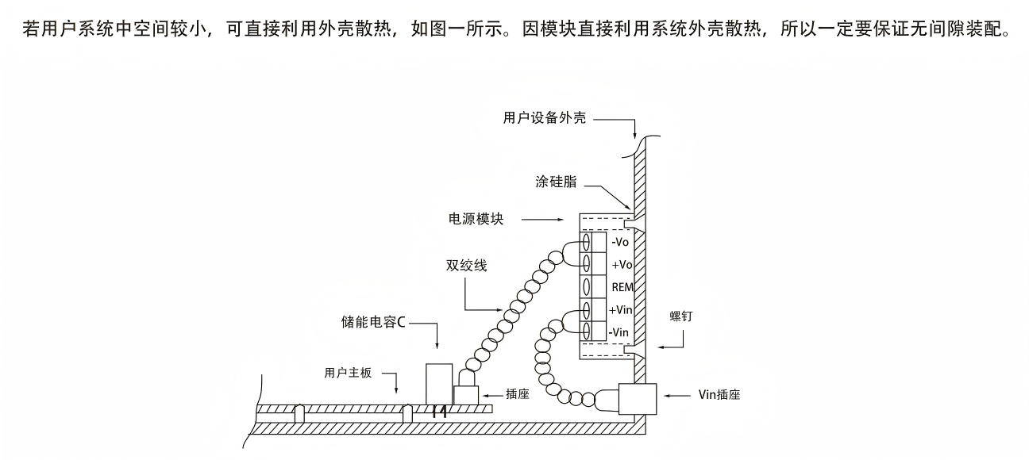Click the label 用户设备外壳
tap(545, 118)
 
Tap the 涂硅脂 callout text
tap(556, 182)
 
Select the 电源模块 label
tap(476, 219)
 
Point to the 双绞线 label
tap(466, 266)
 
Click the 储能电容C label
tap(373, 322)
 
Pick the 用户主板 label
tap(348, 373)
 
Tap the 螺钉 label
tap(680, 316)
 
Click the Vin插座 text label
tap(719, 395)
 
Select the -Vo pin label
tap(620, 242)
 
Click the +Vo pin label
tap(622, 265)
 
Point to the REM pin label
tap(622, 287)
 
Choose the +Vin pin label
tap(621, 310)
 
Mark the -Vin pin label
tap(619, 332)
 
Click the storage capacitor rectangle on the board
tap(439, 384)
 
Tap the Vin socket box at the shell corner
tap(638, 399)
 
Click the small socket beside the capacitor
tap(466, 395)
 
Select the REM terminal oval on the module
tap(587, 287)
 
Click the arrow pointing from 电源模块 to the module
tap(542, 220)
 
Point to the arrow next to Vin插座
tap(677, 395)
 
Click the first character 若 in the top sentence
tap(31, 29)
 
